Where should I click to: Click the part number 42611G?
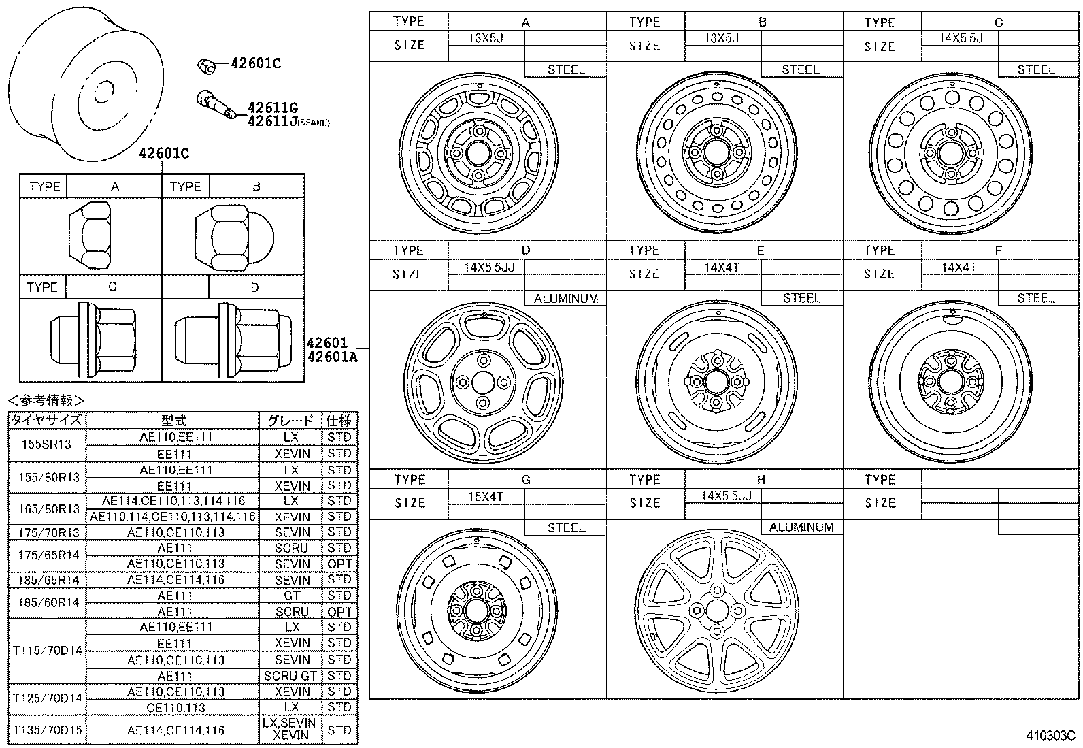(x=273, y=108)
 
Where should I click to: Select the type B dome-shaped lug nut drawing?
(x=235, y=238)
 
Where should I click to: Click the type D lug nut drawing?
(x=233, y=340)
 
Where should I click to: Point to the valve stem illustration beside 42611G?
(x=216, y=104)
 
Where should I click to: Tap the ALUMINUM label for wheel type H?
(x=801, y=527)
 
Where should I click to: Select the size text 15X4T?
(x=486, y=496)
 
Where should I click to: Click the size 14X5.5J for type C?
(x=961, y=38)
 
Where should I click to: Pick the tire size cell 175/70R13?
(x=48, y=532)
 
